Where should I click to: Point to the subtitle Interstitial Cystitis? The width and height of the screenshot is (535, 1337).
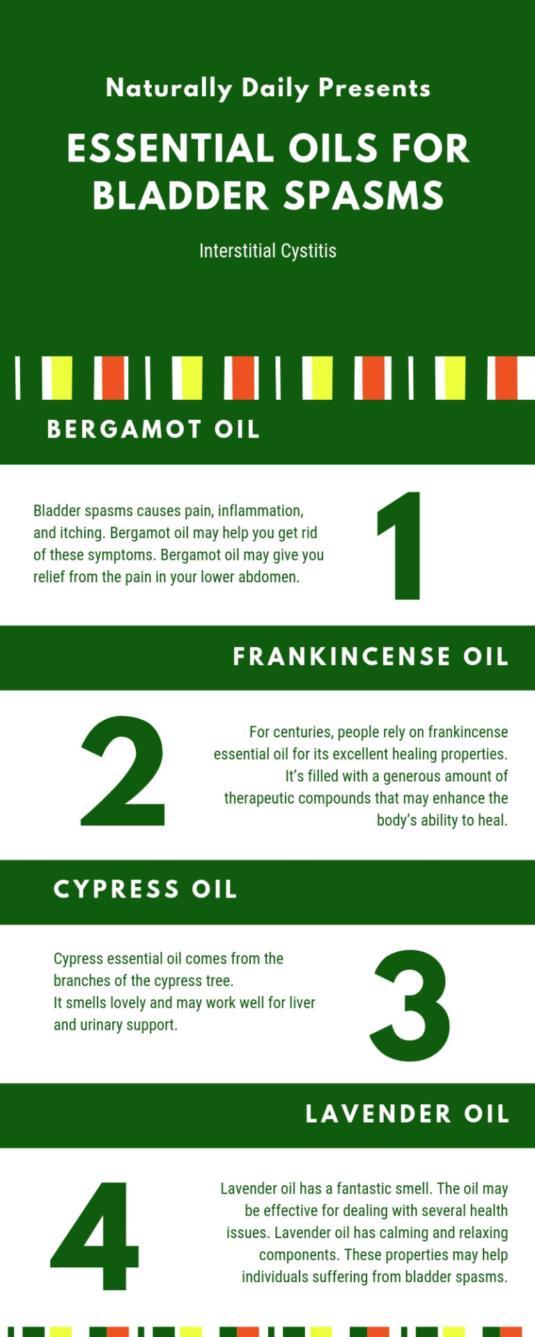point(267,251)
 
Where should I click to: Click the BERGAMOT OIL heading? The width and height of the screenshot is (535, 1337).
point(153,429)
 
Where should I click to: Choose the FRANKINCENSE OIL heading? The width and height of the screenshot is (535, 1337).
point(371,657)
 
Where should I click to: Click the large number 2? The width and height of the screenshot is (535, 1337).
point(124,771)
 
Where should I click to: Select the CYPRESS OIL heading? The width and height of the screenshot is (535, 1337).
point(146,889)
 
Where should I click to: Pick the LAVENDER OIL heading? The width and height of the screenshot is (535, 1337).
point(408,1113)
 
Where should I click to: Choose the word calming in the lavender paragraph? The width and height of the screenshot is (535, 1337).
point(404,1233)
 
